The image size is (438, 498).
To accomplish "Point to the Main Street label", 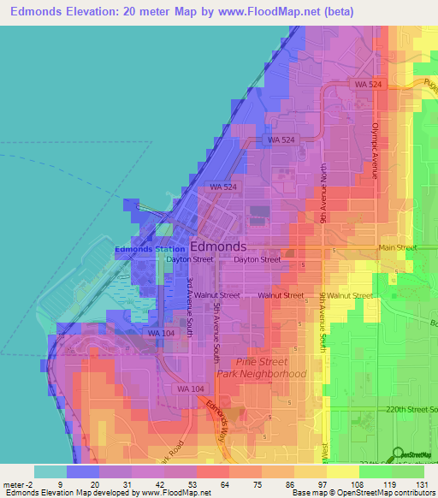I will click(x=397, y=248).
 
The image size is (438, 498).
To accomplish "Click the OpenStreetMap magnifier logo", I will click(x=396, y=454).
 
